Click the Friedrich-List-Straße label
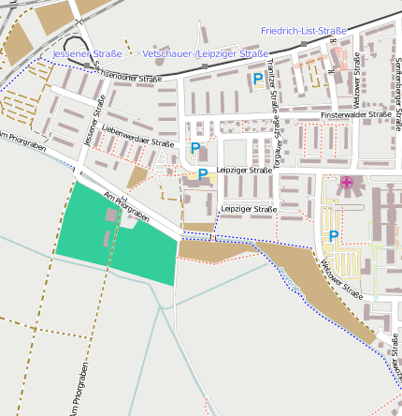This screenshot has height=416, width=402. pyautogui.click(x=304, y=31)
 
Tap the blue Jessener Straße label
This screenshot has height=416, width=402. pyautogui.click(x=87, y=54)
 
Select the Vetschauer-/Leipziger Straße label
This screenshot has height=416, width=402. pyautogui.click(x=206, y=54)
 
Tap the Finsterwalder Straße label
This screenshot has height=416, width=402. pyautogui.click(x=356, y=114)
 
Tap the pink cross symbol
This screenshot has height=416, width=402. pyautogui.click(x=347, y=182)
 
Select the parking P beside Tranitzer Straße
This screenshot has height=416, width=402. pyautogui.click(x=257, y=80)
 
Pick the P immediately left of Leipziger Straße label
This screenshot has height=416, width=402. pyautogui.click(x=202, y=174)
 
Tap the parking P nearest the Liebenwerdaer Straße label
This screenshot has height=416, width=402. pyautogui.click(x=195, y=148)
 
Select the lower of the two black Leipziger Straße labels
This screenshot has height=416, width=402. pyautogui.click(x=249, y=208)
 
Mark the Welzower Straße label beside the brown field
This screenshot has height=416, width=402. pyautogui.click(x=342, y=278)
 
